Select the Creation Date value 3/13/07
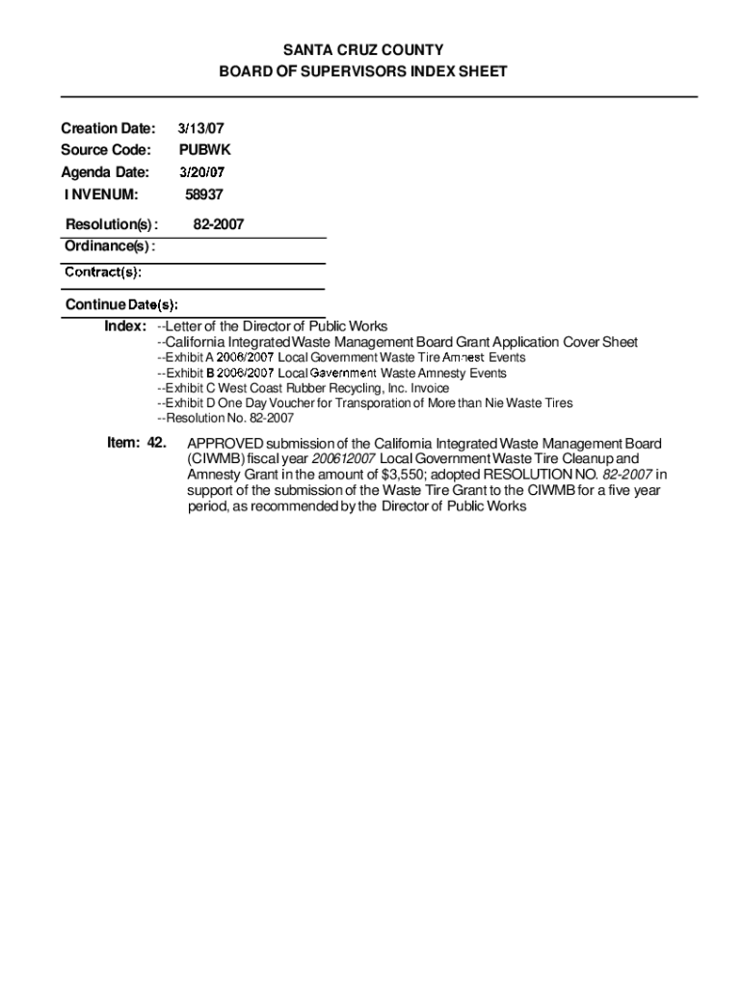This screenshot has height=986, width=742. coord(201,127)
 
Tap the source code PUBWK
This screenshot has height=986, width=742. coord(205,150)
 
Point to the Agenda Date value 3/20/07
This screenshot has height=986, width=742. coord(202,173)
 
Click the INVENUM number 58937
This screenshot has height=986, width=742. coord(204,195)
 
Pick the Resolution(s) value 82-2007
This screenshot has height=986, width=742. coord(218,224)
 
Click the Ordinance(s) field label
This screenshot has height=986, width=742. coord(109,247)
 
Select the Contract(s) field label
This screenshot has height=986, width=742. coord(103,272)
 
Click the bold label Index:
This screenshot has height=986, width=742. coord(125,326)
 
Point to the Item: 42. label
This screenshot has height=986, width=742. coord(137,443)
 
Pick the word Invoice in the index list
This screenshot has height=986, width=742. coord(429,388)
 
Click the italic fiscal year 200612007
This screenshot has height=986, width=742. coord(343,459)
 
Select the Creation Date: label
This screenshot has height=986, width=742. coord(107,127)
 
